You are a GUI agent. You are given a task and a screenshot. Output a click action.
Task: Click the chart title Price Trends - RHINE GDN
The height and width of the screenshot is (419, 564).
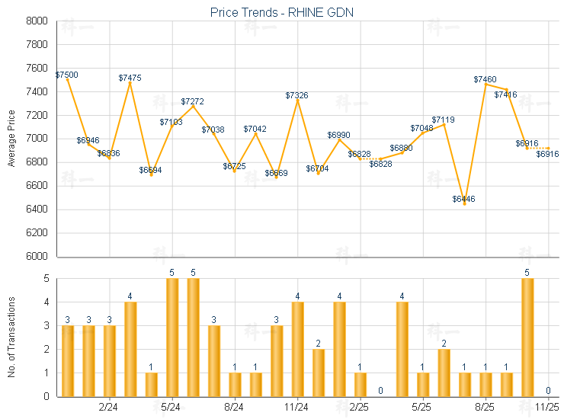click(x=282, y=12)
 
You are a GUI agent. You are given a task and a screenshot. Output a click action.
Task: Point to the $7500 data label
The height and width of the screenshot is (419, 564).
click(x=66, y=75)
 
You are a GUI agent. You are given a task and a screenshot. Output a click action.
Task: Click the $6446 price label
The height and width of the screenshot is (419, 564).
click(x=463, y=199)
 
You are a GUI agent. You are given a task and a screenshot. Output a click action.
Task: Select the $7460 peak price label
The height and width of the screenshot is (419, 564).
click(x=485, y=79)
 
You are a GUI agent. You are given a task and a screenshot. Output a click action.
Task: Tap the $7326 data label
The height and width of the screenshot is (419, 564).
click(x=297, y=95)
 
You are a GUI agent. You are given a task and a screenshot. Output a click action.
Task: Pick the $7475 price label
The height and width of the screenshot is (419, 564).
click(x=130, y=78)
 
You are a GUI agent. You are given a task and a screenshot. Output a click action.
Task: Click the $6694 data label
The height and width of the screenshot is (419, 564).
click(x=151, y=170)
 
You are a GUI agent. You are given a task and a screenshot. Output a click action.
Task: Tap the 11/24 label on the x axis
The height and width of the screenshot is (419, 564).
click(x=297, y=408)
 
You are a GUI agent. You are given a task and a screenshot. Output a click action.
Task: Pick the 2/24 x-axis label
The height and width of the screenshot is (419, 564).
click(x=109, y=408)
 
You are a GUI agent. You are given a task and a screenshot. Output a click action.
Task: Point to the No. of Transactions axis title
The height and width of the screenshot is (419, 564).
click(x=11, y=337)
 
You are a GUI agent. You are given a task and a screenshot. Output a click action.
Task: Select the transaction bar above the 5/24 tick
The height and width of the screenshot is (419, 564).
click(x=172, y=337)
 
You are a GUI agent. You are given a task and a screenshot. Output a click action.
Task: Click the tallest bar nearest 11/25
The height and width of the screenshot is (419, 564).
click(x=527, y=337)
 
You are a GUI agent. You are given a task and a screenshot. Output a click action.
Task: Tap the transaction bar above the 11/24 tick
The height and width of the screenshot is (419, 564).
click(x=298, y=349)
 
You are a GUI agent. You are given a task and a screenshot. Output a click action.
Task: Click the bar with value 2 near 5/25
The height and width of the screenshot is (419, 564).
click(x=444, y=373)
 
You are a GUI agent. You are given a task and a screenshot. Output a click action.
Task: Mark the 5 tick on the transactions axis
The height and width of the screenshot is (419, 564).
click(x=46, y=279)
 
